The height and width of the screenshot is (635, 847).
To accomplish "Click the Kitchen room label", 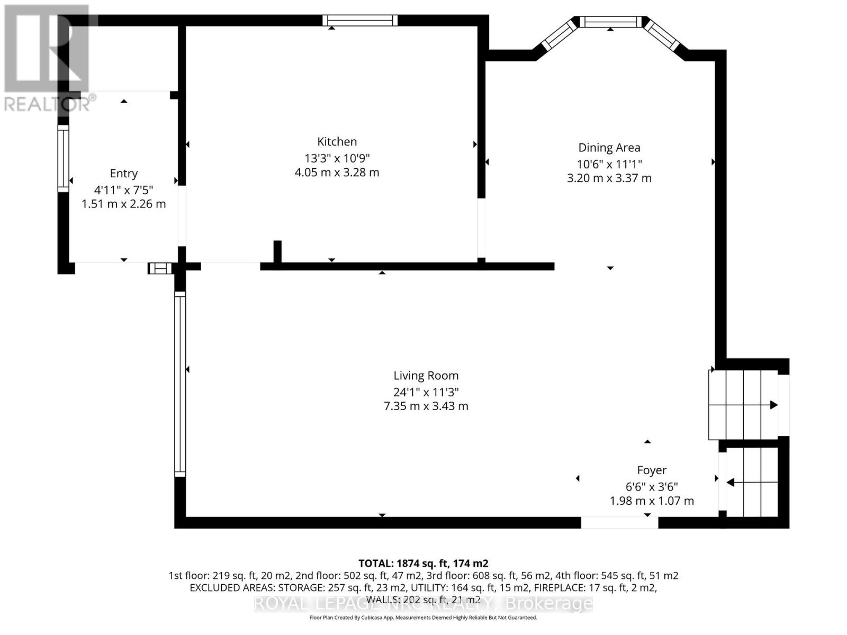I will tap(337, 141).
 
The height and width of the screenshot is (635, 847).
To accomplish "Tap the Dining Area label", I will tap(609, 148).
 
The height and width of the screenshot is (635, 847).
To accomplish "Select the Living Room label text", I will tap(426, 376).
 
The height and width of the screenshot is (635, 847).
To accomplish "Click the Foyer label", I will tap(651, 470).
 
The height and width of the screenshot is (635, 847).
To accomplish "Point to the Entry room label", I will tap(123, 174).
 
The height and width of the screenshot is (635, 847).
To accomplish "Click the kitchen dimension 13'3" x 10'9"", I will tap(337, 158).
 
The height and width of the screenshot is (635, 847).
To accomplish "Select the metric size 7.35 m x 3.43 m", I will tap(426, 406).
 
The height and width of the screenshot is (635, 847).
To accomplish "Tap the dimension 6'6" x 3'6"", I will tap(651, 486).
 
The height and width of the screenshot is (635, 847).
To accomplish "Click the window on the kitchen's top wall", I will tap(360, 21).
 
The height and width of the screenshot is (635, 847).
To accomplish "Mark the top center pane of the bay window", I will tap(610, 22).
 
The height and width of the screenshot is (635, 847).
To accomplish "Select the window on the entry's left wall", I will tap(63, 159).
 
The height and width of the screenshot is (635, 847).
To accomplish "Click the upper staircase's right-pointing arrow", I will tap(773, 405).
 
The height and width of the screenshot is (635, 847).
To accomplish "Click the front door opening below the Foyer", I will tap(619, 522).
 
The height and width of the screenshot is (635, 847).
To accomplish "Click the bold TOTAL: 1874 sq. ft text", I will tap(423, 564).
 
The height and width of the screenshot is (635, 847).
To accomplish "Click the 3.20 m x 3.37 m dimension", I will tap(609, 178).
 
